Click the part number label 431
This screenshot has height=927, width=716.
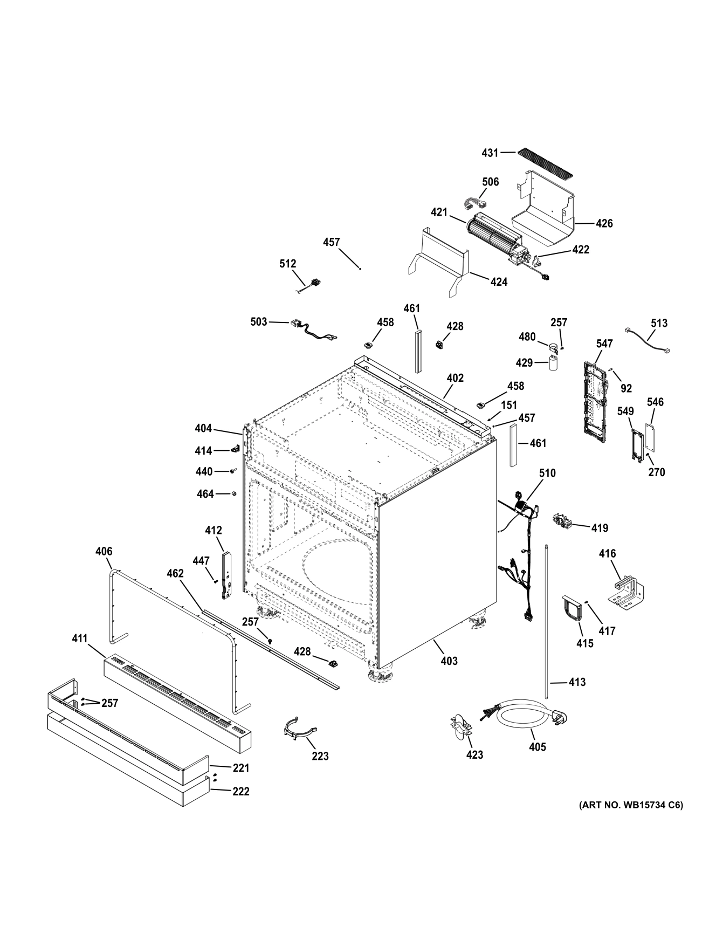click(490, 153)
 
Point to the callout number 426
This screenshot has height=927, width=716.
click(604, 223)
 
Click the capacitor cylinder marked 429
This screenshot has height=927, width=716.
click(553, 363)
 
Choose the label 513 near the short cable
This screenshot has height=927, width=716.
click(659, 323)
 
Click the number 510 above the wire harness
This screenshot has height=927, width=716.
click(547, 473)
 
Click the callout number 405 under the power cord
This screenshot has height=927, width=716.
click(538, 747)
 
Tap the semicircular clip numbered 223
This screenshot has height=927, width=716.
click(298, 727)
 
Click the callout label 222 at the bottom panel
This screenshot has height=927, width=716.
click(240, 791)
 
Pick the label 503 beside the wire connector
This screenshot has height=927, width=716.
click(259, 321)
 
